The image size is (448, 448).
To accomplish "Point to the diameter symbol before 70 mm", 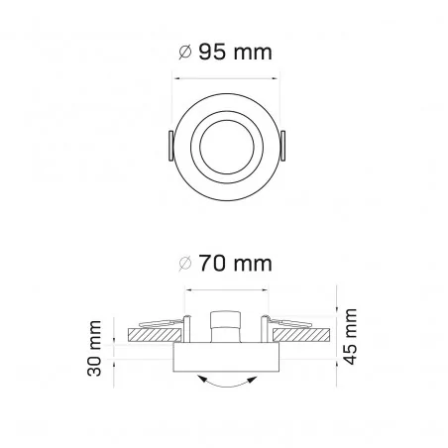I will (x=184, y=266).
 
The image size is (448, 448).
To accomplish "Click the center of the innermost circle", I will (x=225, y=143).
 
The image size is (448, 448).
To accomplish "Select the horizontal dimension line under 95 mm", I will (x=225, y=78).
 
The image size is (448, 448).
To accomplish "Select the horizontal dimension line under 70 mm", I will (x=225, y=290).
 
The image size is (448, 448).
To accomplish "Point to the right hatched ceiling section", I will (x=303, y=336).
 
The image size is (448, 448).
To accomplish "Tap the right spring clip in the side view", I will (x=287, y=323).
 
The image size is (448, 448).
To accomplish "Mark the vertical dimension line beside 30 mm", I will (x=117, y=350).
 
